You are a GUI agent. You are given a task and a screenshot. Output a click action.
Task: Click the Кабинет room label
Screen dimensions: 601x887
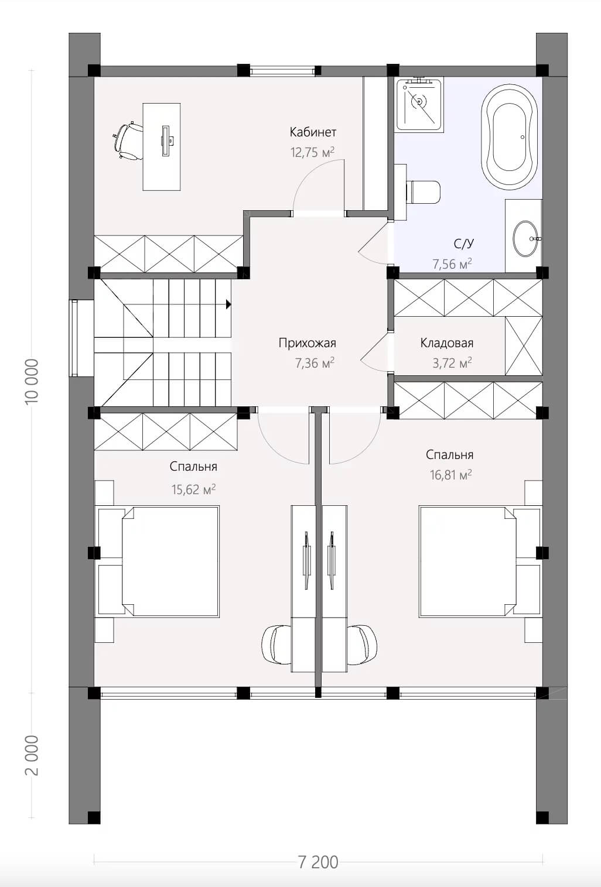point(313,132)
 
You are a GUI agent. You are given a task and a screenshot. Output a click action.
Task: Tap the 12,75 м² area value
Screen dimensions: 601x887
point(313,152)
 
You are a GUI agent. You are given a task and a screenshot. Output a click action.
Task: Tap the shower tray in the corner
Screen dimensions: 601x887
point(419,104)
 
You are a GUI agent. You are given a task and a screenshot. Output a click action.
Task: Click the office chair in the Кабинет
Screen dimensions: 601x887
point(128,141)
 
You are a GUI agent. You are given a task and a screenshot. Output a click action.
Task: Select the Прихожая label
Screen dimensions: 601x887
point(307,343)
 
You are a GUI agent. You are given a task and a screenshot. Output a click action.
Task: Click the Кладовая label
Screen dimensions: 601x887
point(447,343)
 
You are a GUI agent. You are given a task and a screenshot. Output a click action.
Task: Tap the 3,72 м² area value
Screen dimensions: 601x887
point(452,363)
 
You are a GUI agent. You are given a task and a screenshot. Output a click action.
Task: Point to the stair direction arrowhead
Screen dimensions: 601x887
point(228,304)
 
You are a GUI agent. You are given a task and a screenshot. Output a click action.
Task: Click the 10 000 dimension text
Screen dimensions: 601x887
point(32,381)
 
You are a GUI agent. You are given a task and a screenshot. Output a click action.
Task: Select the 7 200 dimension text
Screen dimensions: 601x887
point(317,862)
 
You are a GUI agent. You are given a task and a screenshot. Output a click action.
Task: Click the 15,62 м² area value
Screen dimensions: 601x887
point(193,490)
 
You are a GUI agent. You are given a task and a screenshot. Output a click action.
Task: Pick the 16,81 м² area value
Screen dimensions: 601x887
point(451,474)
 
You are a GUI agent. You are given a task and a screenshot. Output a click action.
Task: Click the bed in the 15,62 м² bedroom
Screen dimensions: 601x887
point(159,561)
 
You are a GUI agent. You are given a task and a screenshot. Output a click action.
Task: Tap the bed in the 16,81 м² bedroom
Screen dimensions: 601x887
point(480,561)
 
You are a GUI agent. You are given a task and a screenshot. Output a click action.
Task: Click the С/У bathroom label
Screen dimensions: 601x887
point(464,244)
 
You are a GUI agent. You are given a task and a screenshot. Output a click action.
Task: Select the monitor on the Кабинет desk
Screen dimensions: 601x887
point(165,140)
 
